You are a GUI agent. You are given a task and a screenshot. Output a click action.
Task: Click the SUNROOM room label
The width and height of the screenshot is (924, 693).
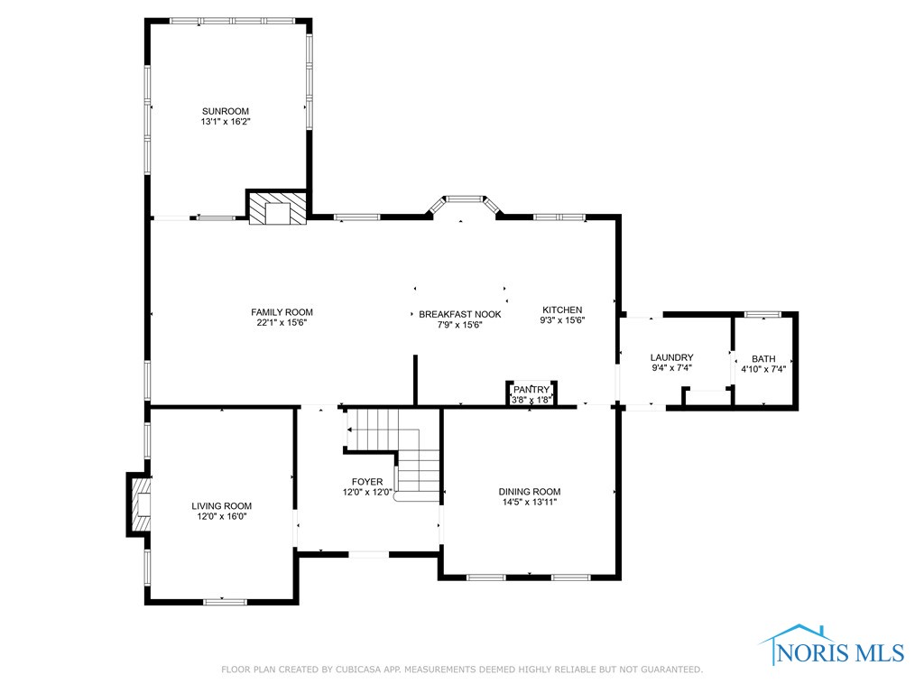[225, 111]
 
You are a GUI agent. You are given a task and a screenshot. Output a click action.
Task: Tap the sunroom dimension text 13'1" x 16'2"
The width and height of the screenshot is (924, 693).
[225, 122]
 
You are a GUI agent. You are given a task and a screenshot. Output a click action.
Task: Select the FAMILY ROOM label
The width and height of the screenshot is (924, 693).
[282, 312]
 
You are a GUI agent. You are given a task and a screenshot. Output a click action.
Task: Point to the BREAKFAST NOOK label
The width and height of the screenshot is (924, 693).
[459, 314]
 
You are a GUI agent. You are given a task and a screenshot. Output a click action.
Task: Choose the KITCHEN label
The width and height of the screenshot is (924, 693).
[562, 310]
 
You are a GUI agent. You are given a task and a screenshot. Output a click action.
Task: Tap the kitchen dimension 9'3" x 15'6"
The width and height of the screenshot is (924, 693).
[562, 320]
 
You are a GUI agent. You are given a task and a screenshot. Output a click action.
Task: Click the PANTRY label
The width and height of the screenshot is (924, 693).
[531, 389]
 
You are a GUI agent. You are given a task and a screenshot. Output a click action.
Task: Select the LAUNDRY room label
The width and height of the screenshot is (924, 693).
[671, 357]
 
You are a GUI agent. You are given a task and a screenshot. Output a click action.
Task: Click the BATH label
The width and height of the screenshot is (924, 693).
[763, 358]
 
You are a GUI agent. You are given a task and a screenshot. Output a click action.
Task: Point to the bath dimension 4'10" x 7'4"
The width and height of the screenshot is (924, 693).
[763, 369]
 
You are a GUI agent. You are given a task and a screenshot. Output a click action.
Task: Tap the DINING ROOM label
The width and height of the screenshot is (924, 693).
[529, 492]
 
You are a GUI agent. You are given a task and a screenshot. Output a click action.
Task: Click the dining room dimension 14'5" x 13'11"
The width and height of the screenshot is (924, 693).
[529, 503]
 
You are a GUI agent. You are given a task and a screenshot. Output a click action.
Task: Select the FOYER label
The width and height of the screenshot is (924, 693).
[367, 482]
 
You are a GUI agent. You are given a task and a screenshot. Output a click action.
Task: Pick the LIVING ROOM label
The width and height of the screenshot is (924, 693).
[221, 506]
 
